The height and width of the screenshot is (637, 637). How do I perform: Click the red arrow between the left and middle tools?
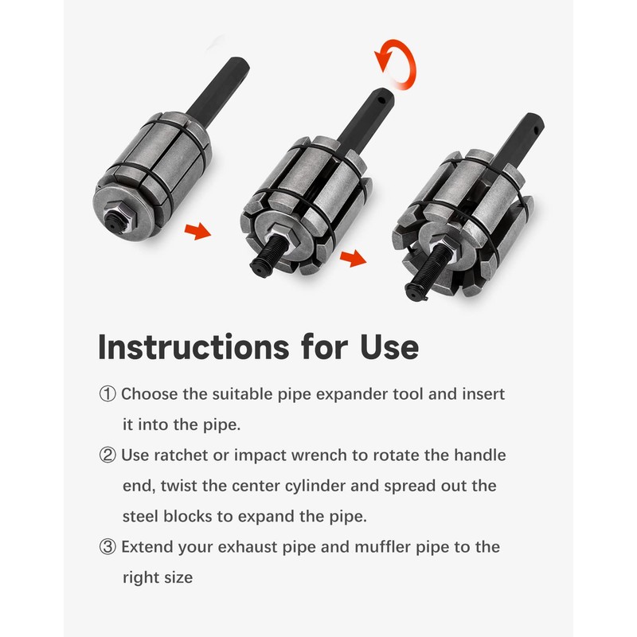[x=198, y=232]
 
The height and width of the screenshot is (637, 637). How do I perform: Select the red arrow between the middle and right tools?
[x=350, y=259]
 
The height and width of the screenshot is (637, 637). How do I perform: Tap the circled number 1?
[x=107, y=394]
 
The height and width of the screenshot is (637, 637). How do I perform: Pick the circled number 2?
[x=107, y=455]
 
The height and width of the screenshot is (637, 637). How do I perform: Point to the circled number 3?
[x=107, y=547]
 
